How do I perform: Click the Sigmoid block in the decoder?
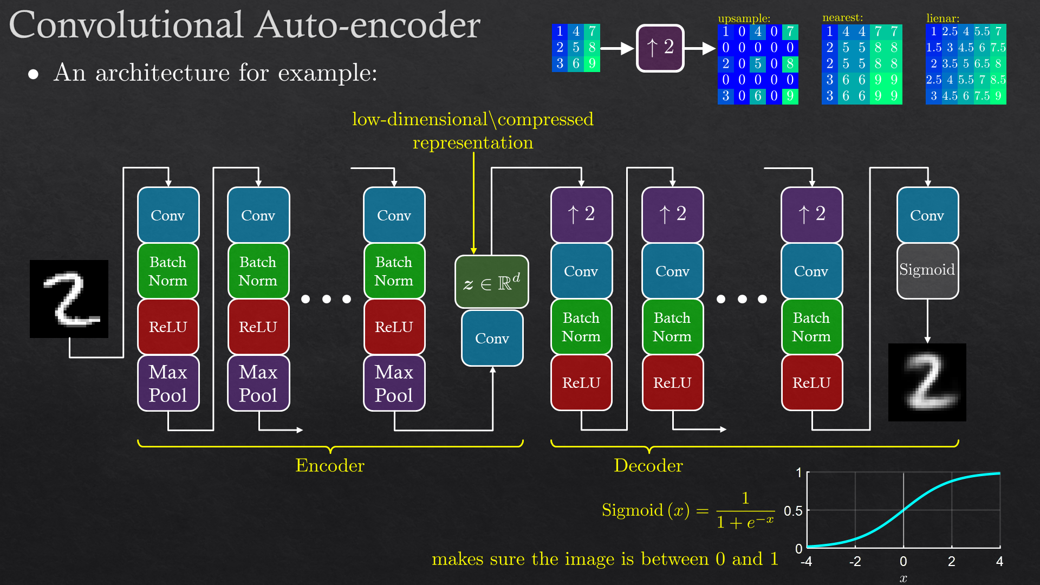point(927,270)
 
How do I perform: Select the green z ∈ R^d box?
point(491,282)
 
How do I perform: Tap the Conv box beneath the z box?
point(492,338)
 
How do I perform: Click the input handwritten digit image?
point(69,299)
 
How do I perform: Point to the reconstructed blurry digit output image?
point(927,382)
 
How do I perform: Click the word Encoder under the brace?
point(329,466)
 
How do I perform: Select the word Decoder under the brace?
point(648,466)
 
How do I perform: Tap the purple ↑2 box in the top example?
point(660,48)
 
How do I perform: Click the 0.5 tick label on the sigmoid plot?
point(793,511)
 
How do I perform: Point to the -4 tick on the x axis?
point(807,562)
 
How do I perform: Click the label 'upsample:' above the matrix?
point(744,18)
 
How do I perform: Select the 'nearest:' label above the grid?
point(842,18)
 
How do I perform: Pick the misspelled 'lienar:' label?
point(942,18)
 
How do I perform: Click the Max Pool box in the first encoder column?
point(168,383)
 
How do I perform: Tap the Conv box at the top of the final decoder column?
point(927,215)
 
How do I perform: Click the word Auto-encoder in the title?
point(368,25)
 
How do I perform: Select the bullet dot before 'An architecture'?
point(34,74)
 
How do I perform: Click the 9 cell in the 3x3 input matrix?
point(592,64)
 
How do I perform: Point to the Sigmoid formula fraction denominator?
point(745,523)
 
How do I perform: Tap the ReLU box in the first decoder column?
point(581,383)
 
